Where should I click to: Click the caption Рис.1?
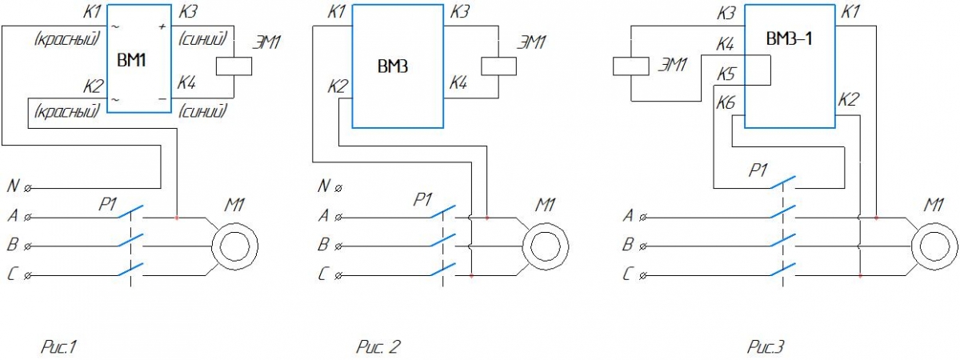[x=58, y=347]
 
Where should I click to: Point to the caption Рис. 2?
[x=377, y=347]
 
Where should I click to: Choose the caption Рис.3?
[x=766, y=347]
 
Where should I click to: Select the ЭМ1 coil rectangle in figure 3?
[x=630, y=67]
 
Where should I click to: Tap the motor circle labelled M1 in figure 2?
[x=545, y=245]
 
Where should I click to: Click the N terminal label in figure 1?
[x=14, y=186]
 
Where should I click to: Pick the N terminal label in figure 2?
[x=323, y=186]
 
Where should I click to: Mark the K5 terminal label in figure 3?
[x=726, y=75]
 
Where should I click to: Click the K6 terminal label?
[x=726, y=103]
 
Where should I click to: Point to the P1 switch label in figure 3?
[x=758, y=170]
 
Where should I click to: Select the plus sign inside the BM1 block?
[x=162, y=27]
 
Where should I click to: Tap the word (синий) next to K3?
[x=203, y=38]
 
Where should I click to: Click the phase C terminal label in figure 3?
[x=629, y=274]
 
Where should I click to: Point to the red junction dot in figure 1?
[x=177, y=217]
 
